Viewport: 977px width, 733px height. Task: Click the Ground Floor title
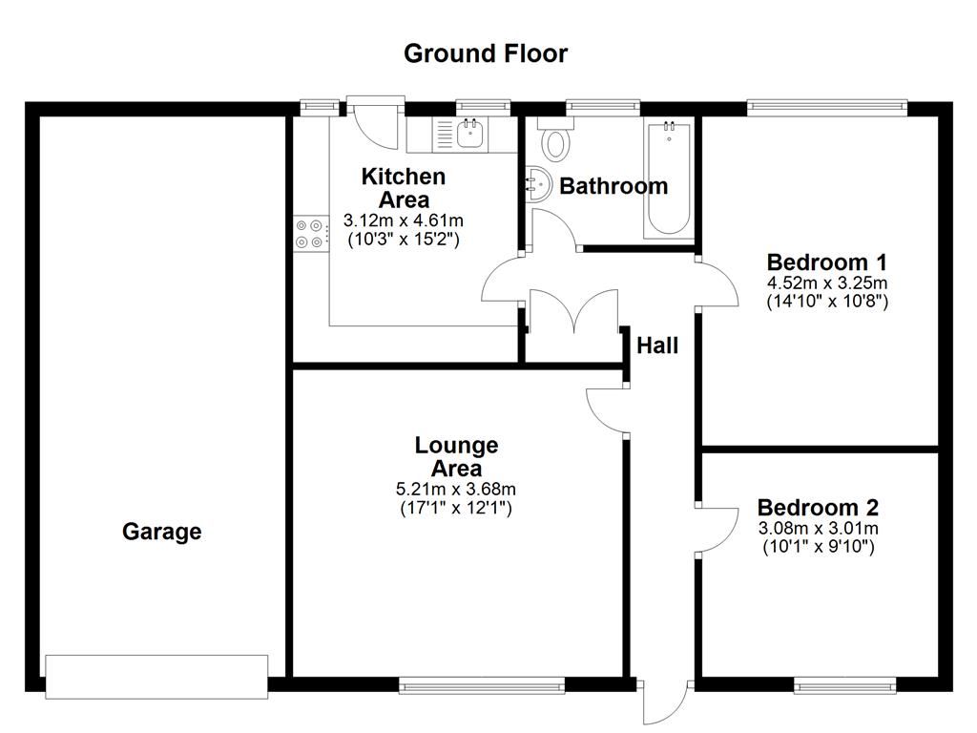coord(486,53)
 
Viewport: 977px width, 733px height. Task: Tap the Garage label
coord(161,532)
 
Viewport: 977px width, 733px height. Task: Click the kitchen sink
coord(469,135)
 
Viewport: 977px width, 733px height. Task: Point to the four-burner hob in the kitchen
coord(309,233)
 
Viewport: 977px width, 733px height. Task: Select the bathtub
coord(668,179)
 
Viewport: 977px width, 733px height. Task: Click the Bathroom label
coord(613,186)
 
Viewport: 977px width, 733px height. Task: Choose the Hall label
coord(657,346)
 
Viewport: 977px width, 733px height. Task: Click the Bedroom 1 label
coord(827,262)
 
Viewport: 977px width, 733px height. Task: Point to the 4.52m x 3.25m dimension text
coord(827,283)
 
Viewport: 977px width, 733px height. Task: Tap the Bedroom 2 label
coord(818,508)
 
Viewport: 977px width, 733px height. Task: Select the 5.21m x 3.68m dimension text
coord(456,490)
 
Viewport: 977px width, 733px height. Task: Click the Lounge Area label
coord(456,456)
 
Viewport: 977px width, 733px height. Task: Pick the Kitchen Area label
coord(403,188)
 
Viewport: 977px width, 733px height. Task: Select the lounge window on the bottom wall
coord(481,683)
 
